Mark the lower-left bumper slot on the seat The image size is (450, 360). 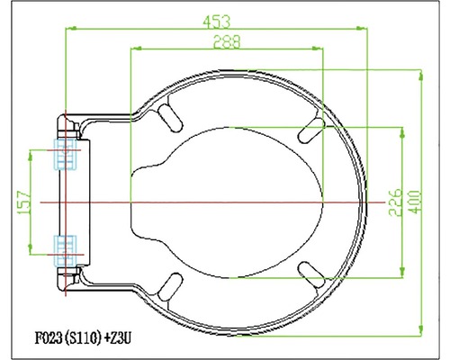point(167,282)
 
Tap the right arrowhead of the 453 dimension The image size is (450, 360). point(366,29)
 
